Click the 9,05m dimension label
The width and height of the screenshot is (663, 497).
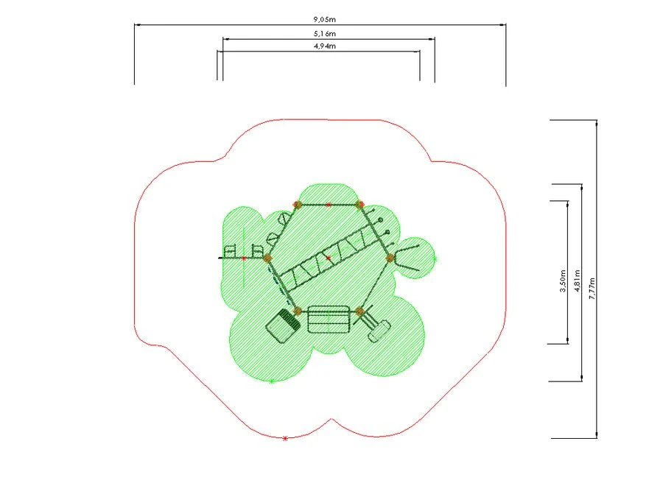[x=324, y=19]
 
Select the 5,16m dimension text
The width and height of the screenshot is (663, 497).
[x=325, y=33]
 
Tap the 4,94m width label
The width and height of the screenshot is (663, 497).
[x=325, y=46]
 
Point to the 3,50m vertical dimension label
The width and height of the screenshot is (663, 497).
[x=563, y=281]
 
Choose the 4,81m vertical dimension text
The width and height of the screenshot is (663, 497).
[x=577, y=281]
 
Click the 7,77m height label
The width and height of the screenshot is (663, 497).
[x=592, y=289]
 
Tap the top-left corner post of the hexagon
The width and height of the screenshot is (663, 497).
[x=298, y=205]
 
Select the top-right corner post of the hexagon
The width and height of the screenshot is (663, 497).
[x=359, y=205]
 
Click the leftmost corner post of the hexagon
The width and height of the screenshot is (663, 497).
[x=267, y=258]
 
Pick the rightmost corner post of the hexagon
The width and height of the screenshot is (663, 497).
[x=390, y=258]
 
